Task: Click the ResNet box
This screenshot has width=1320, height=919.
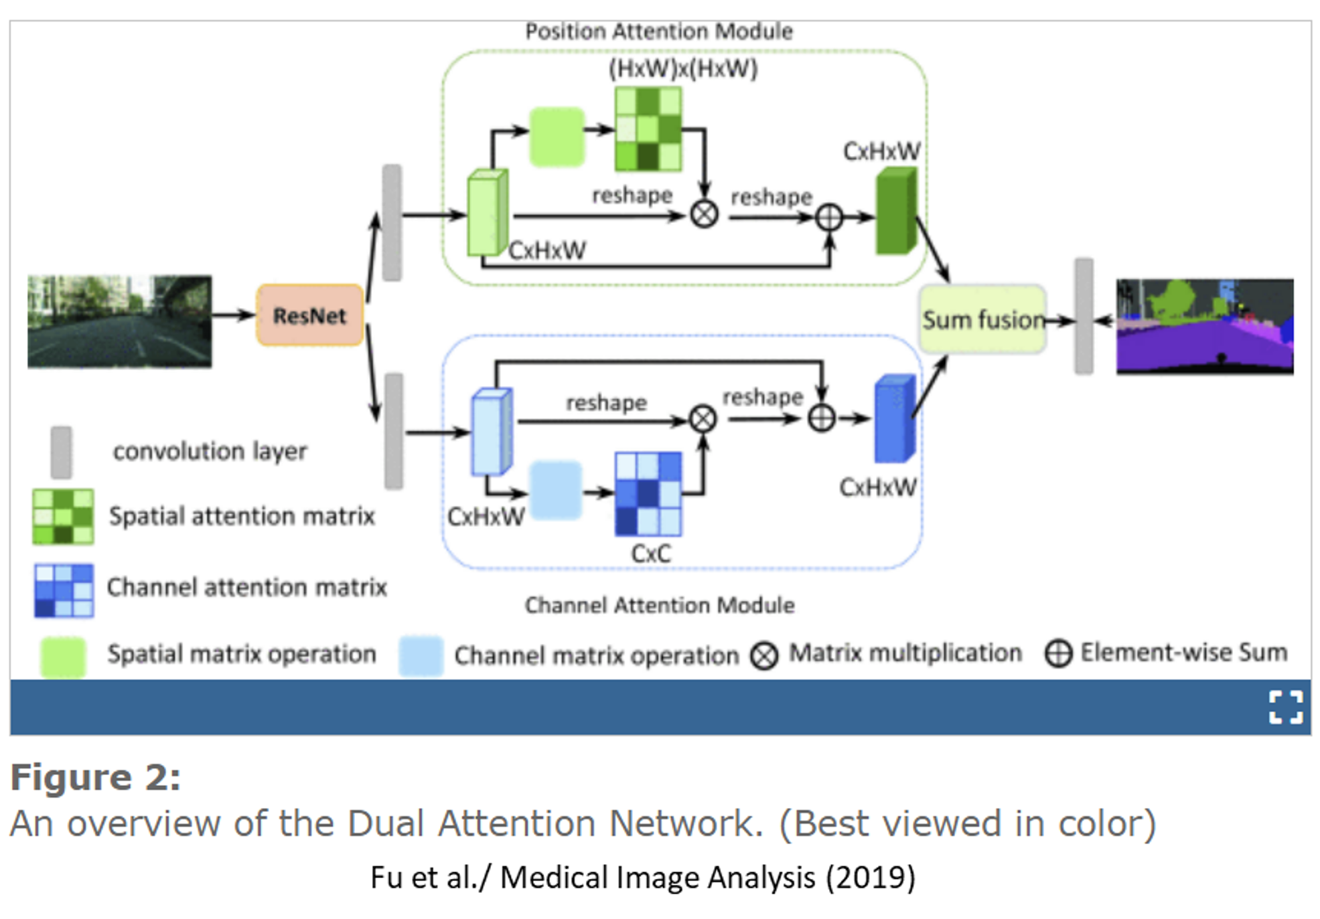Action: [x=309, y=315]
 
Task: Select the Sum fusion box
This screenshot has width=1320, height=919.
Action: [x=982, y=319]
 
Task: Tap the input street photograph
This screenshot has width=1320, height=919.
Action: [x=119, y=321]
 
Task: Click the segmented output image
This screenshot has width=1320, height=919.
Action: [x=1204, y=326]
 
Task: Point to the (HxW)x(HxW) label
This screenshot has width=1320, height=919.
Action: [x=682, y=69]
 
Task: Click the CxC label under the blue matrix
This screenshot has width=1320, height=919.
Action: [x=650, y=554]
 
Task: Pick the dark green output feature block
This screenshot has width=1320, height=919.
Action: [x=895, y=211]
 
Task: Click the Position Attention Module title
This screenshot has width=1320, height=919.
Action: [x=658, y=31]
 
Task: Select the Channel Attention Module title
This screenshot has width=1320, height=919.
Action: [x=659, y=605]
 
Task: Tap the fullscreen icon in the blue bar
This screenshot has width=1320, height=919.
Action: [x=1285, y=707]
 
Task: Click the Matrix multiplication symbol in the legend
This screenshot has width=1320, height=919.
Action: [x=764, y=655]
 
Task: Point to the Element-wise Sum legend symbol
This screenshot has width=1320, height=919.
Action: [x=1058, y=653]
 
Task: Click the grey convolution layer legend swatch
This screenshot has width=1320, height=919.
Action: [x=61, y=452]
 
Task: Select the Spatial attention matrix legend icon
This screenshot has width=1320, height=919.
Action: [x=63, y=516]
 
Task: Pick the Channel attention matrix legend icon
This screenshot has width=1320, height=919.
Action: [x=64, y=590]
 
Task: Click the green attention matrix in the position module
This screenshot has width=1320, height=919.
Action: [x=648, y=129]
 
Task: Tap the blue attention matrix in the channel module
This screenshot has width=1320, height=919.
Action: [x=648, y=494]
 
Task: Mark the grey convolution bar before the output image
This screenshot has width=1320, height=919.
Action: [x=1083, y=316]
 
